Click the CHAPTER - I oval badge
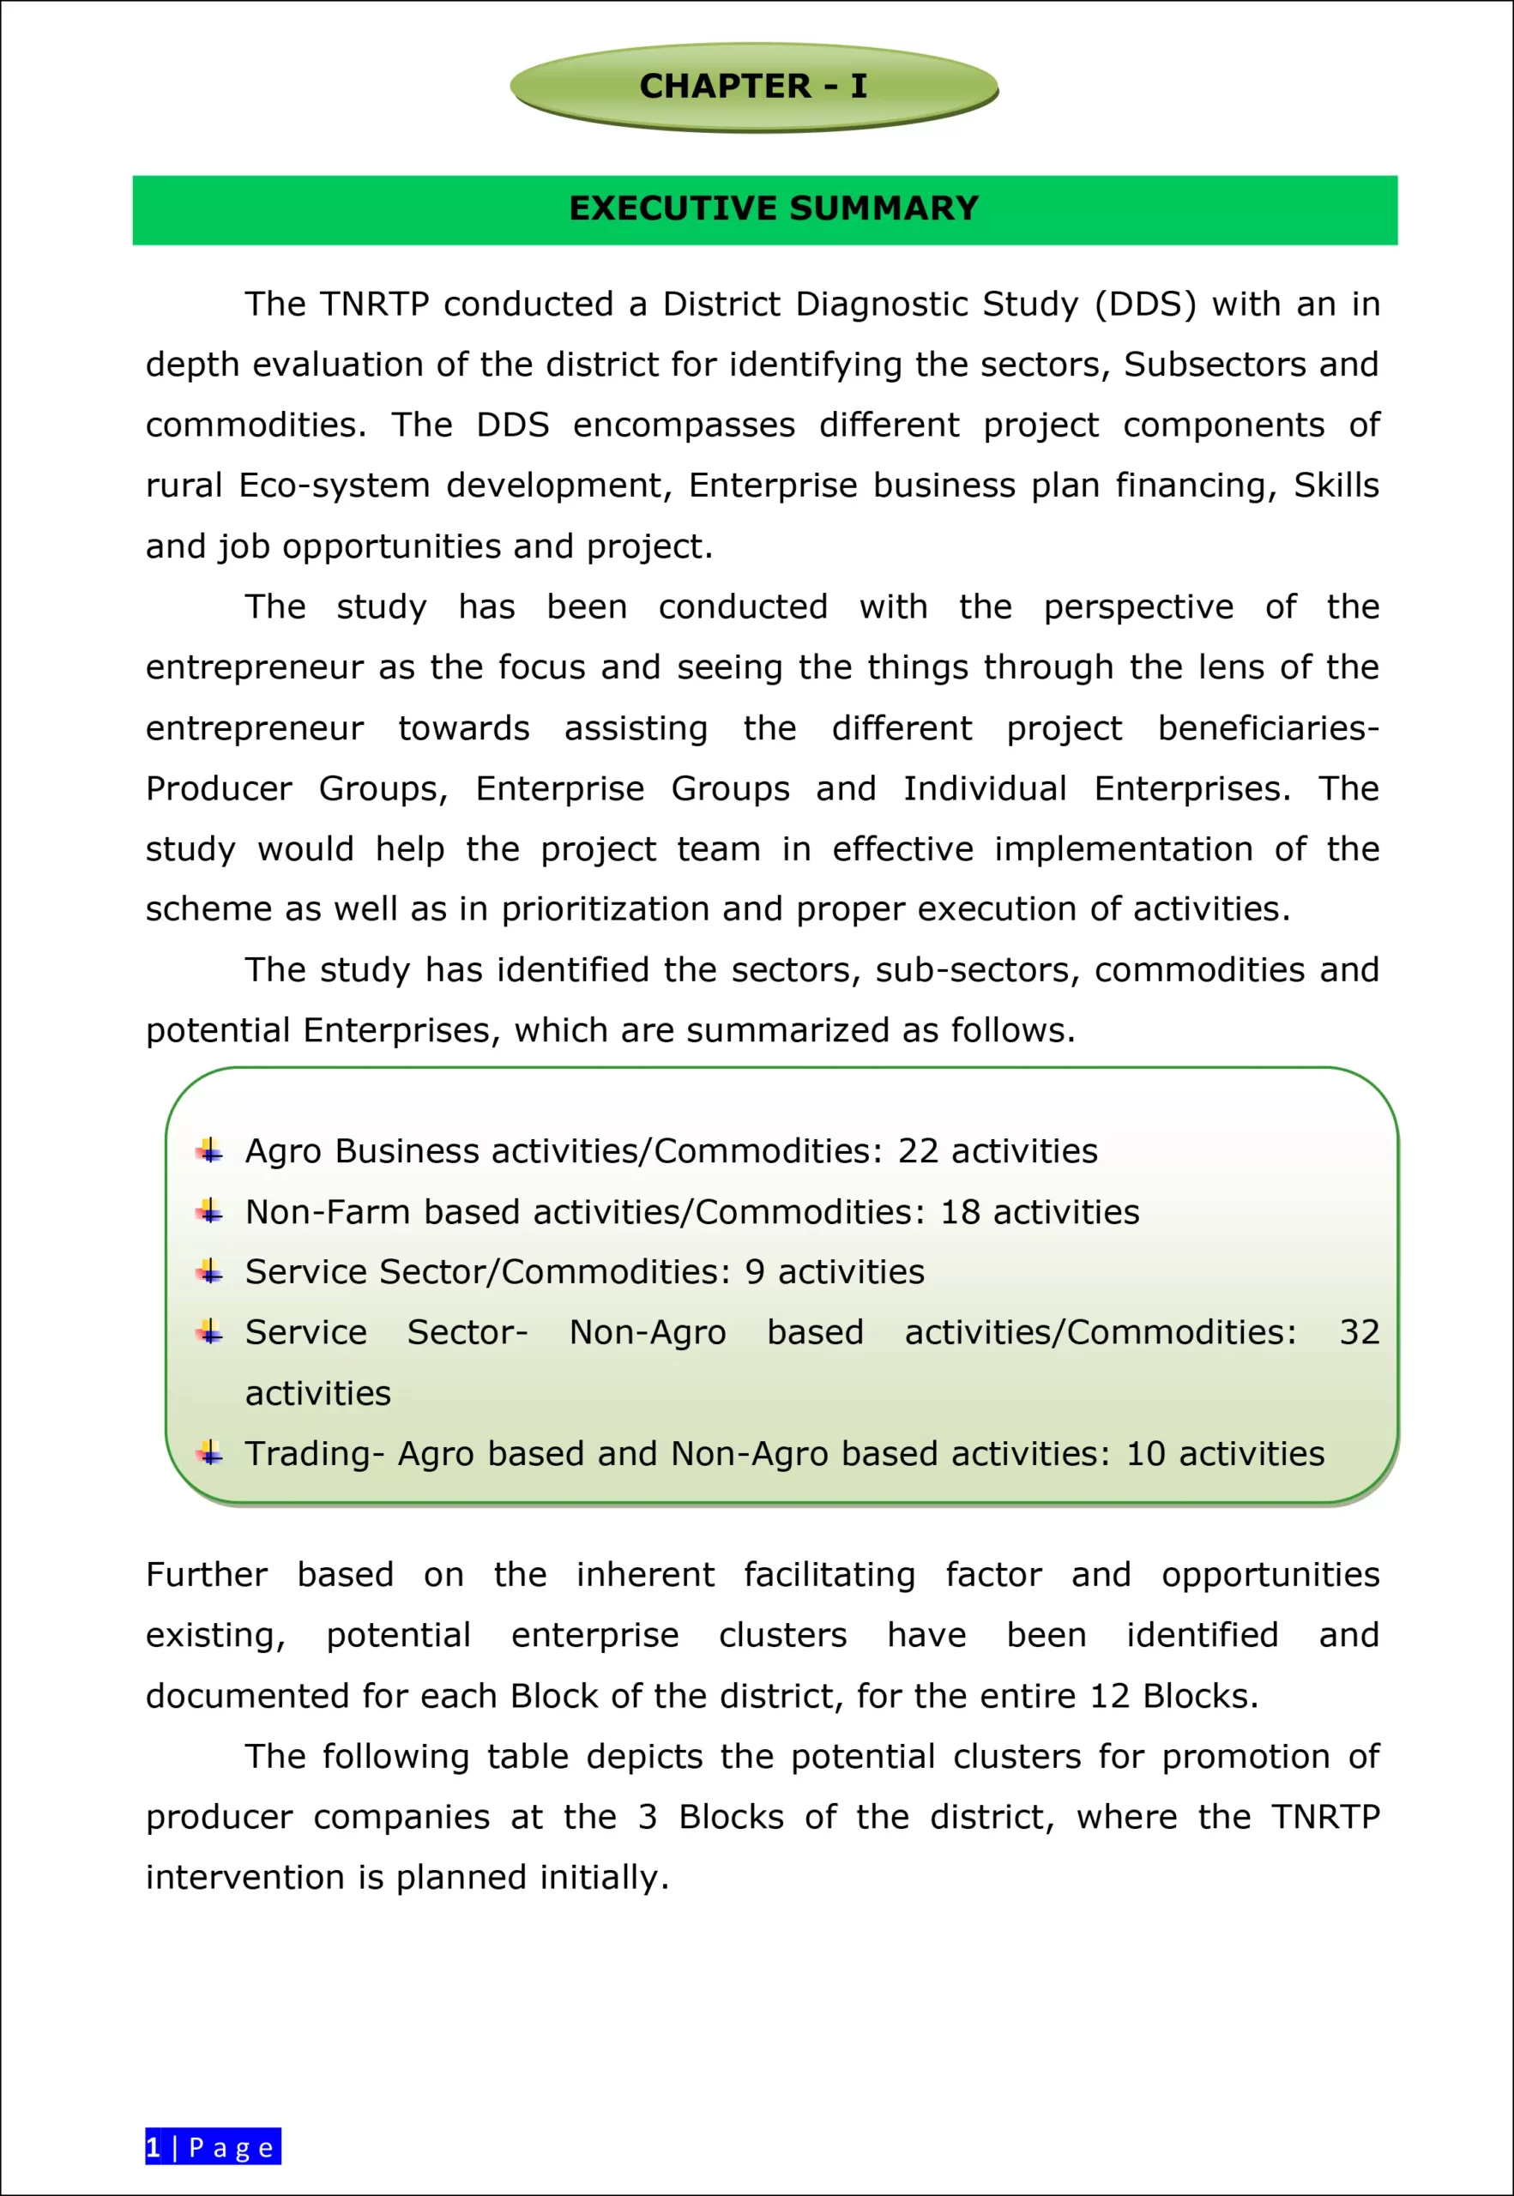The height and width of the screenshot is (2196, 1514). [753, 87]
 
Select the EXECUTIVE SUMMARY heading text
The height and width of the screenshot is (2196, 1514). [773, 208]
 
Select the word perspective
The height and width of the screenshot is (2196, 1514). [1138, 607]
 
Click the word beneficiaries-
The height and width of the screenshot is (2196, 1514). [1269, 728]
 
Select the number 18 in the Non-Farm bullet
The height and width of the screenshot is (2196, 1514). [960, 1212]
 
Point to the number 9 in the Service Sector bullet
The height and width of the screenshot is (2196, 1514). [754, 1272]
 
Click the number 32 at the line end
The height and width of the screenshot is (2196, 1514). [1359, 1333]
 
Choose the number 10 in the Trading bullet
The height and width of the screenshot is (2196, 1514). [1145, 1454]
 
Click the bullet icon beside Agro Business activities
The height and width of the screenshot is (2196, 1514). [209, 1151]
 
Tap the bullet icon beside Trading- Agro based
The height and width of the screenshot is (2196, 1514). [209, 1454]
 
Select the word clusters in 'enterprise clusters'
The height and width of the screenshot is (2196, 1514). [782, 1635]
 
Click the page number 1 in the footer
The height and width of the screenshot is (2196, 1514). [154, 2146]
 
